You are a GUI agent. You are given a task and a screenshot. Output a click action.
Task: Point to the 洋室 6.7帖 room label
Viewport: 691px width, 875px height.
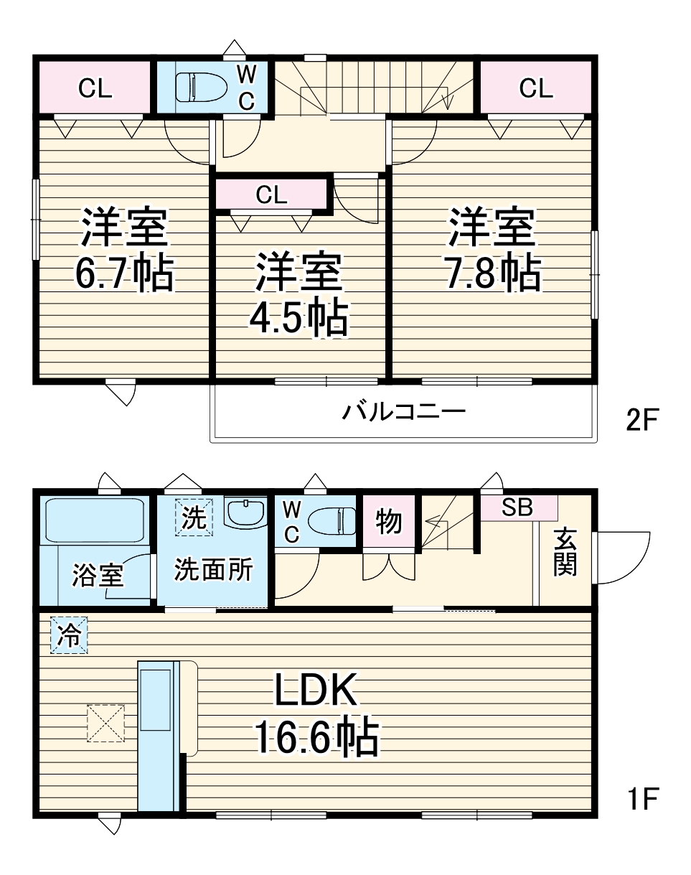click(x=123, y=249)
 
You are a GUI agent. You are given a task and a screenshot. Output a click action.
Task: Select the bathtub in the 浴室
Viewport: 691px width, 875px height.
click(x=95, y=520)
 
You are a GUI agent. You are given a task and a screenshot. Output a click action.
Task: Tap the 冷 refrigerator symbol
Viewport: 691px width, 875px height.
click(x=69, y=635)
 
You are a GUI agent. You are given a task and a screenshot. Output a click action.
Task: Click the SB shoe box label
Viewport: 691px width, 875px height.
click(x=517, y=507)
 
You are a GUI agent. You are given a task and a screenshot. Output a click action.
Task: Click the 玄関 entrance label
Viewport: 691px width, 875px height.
click(x=565, y=552)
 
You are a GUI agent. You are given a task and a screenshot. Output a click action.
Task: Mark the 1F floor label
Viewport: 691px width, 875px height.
click(x=641, y=797)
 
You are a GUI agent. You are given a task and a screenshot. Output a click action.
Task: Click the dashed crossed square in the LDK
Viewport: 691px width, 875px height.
click(x=105, y=723)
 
